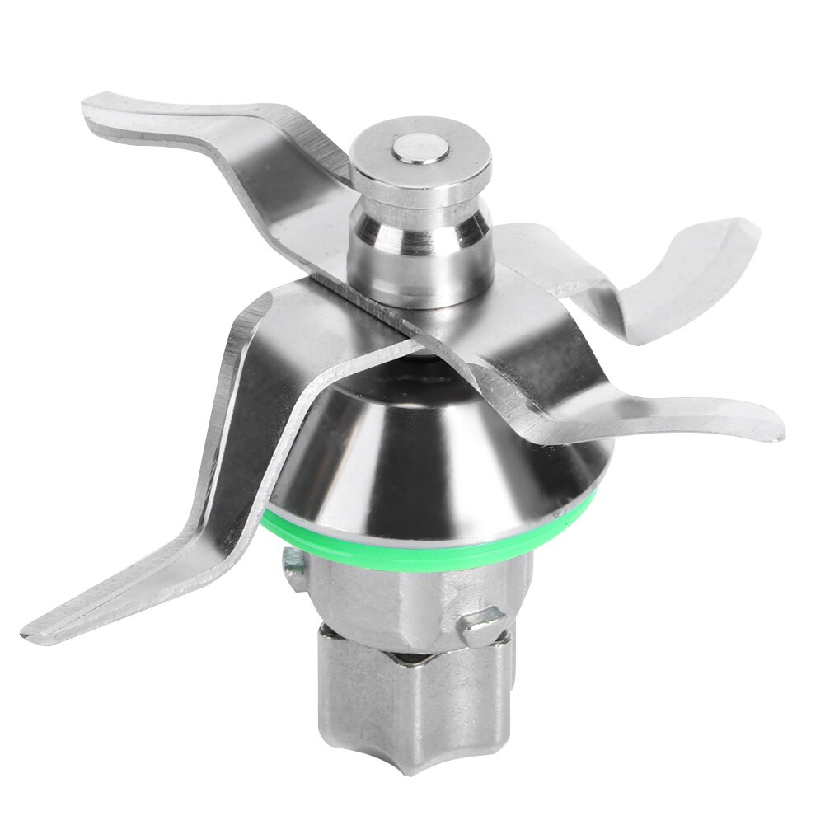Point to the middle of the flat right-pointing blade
pos(659,408)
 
